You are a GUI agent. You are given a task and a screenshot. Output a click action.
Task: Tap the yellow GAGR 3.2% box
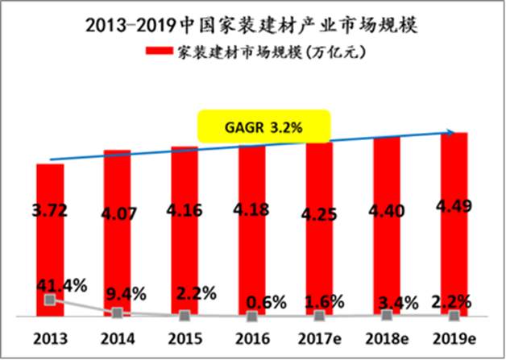(265, 127)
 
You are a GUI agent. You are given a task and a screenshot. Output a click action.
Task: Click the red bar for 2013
(50, 242)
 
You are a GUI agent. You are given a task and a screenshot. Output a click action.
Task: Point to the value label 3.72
(50, 212)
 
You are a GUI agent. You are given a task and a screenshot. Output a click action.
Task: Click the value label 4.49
(455, 209)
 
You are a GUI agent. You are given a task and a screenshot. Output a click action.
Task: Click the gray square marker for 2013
(50, 300)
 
